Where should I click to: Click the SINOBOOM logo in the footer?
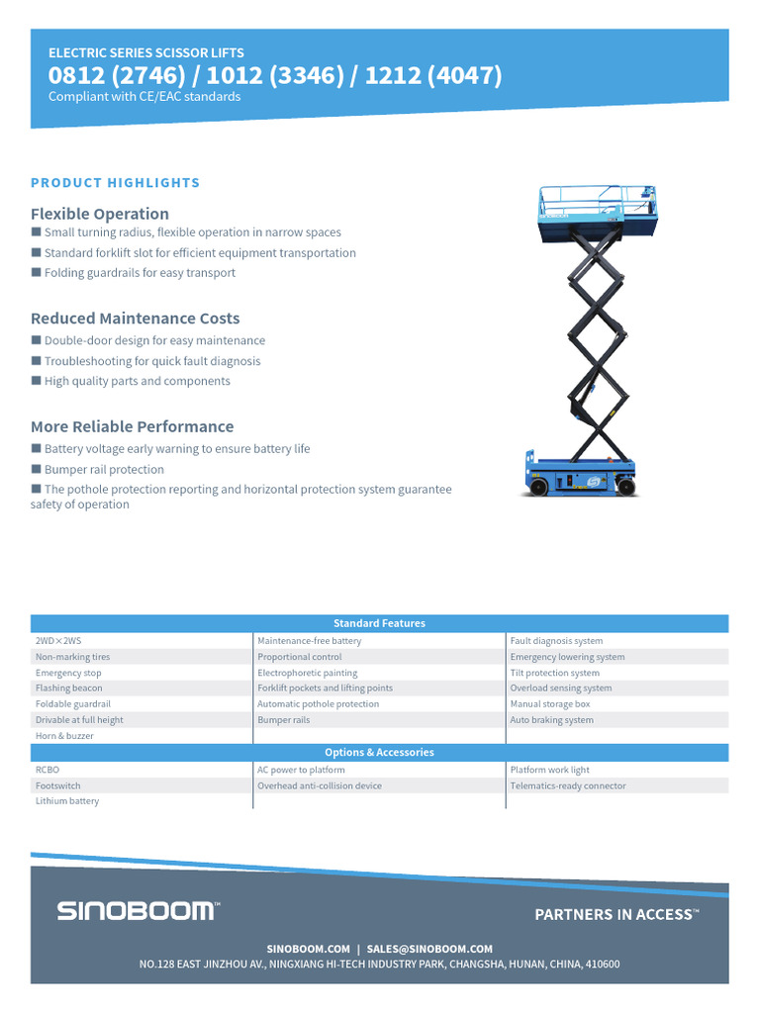point(138,911)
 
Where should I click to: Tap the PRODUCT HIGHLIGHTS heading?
point(115,183)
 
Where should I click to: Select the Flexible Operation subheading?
point(100,214)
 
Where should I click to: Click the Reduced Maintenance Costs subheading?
point(135,319)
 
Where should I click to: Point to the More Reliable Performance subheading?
point(132,426)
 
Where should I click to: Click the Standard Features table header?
point(379,623)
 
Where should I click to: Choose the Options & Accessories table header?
point(379,752)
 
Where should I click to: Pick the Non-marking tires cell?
point(73,657)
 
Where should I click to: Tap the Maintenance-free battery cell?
point(310,641)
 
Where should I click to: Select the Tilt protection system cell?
point(554,673)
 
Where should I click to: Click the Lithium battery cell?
point(67,801)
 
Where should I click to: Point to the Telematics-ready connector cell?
point(568,785)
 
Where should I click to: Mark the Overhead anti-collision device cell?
point(320,785)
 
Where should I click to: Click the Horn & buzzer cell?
point(64,736)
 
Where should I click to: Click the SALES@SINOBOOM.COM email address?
point(429,949)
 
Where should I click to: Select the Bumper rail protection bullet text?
point(104,470)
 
